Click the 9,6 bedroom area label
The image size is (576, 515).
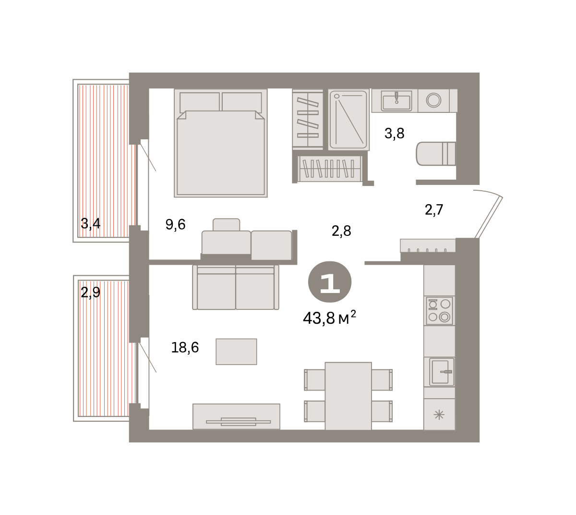point(175,224)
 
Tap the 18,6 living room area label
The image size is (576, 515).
point(185,347)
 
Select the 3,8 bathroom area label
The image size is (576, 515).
point(395,133)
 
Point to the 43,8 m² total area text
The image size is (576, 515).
point(329,318)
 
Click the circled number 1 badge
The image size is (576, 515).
point(330,282)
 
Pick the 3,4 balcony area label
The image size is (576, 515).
point(90,223)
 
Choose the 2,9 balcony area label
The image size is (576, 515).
point(90,292)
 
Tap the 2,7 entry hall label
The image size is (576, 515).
point(434,209)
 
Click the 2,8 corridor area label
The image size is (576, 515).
point(341,231)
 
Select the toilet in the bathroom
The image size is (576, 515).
point(436,154)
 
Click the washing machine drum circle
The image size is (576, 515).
point(433,100)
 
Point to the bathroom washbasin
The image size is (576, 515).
point(396,101)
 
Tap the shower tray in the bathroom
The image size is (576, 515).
point(349,120)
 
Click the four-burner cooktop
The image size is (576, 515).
point(439,311)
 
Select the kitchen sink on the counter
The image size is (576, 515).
point(442,371)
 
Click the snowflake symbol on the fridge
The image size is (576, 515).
point(439,415)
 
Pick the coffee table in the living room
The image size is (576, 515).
point(236,352)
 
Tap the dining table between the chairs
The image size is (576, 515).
point(348,396)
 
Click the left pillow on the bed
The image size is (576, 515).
point(200,102)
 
